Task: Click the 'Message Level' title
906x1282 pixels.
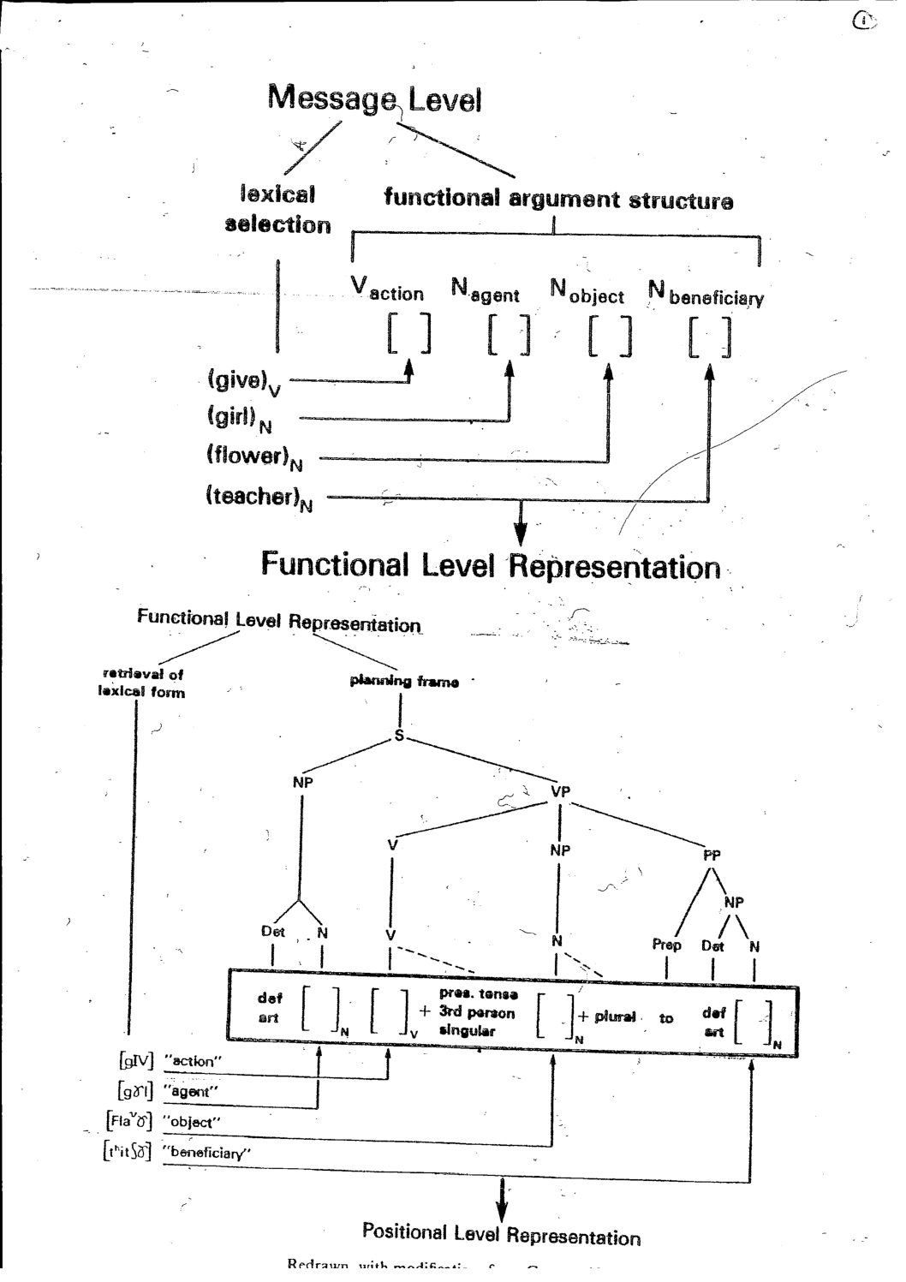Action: (x=374, y=99)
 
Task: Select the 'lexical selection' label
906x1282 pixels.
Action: (x=277, y=210)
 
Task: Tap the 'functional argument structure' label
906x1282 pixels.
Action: (x=558, y=200)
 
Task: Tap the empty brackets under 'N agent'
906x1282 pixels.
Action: (x=510, y=336)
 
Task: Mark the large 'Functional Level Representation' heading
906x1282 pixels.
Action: (x=491, y=565)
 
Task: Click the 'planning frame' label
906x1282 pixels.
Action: (x=404, y=682)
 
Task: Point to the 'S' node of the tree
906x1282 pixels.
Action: (x=399, y=736)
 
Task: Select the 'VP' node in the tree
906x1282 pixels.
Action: (x=560, y=792)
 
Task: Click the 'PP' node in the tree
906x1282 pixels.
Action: (x=712, y=855)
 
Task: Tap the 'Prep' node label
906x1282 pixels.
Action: (x=666, y=945)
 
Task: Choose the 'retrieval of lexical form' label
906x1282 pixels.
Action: (x=140, y=683)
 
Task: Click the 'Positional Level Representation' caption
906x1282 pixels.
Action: (x=501, y=1234)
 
